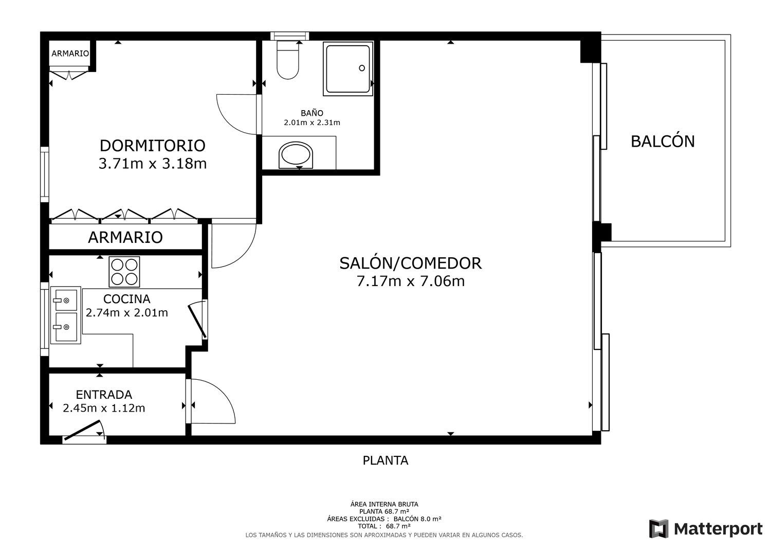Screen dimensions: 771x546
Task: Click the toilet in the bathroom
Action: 288,60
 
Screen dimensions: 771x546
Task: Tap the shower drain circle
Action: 362,68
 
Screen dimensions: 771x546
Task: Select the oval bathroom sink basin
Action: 296,155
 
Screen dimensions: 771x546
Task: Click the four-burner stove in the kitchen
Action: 124,272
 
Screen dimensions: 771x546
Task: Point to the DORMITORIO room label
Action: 153,146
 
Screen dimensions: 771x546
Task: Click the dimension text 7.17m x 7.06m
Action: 411,281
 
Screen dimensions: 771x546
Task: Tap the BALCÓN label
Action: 663,142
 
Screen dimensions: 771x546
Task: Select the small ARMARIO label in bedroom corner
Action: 70,54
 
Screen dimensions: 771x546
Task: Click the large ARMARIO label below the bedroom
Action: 125,237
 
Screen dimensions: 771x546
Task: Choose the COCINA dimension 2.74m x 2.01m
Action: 126,313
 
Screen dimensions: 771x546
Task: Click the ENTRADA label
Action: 104,394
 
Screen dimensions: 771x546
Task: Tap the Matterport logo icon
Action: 659,529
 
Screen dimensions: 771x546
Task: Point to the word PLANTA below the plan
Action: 385,460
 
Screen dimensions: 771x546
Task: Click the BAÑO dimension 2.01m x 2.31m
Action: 312,122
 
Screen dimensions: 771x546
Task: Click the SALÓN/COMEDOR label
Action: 411,263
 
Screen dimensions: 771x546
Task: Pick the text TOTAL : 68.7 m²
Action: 384,526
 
